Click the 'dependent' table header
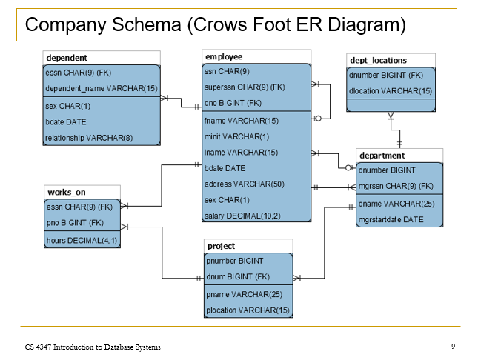pos(67,58)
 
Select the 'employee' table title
pos(224,56)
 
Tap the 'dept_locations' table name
pos(378,60)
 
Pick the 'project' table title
pos(221,246)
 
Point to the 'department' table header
pos(382,156)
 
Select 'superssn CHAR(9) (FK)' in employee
pos(245,87)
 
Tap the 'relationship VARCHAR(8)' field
pos(89,138)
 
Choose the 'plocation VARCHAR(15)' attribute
pos(248,310)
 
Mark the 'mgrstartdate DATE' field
pos(391,219)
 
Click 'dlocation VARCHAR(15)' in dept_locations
pos(391,91)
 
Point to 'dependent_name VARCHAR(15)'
pos(102,89)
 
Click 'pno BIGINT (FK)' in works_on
pos(75,223)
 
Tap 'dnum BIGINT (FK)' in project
pos(238,277)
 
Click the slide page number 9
pos(453,346)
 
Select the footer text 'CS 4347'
pos(39,347)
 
